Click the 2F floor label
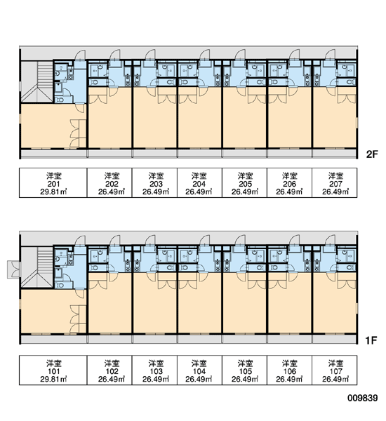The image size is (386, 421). (x=372, y=154)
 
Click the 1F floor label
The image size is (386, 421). (x=371, y=340)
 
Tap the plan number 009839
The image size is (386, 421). (x=363, y=398)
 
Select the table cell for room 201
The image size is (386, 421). (x=53, y=183)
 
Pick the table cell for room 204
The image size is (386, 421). (x=199, y=183)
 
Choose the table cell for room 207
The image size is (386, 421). (x=335, y=183)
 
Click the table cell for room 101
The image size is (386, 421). (x=53, y=370)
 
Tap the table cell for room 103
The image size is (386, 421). (x=154, y=370)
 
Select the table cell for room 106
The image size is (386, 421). (x=290, y=370)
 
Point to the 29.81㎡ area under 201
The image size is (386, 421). (x=53, y=192)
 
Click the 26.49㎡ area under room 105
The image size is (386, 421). (x=245, y=379)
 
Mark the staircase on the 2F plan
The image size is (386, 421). (x=37, y=81)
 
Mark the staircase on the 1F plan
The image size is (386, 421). (x=37, y=267)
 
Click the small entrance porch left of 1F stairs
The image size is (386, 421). (x=13, y=269)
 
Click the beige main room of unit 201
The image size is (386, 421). (x=48, y=126)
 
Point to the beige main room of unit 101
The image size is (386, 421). (x=48, y=312)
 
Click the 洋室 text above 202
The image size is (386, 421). (x=112, y=176)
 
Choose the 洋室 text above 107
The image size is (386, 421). (x=335, y=363)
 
